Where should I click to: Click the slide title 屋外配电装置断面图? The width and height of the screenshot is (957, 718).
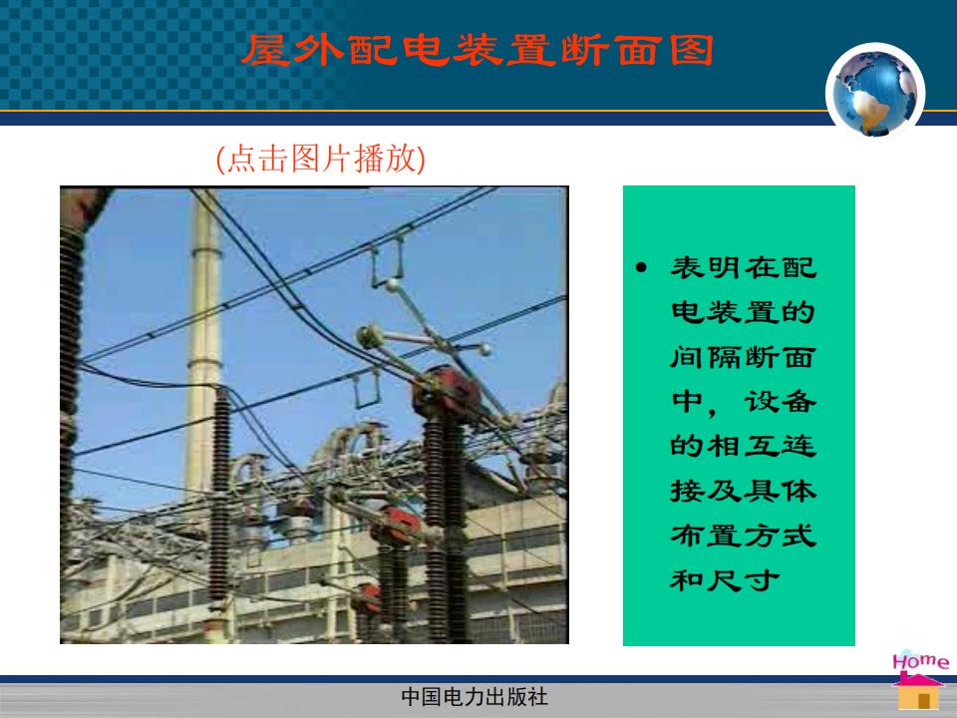tap(478, 50)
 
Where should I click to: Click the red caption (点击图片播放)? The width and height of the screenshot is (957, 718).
tap(320, 160)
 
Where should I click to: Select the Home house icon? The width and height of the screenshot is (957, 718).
tap(917, 690)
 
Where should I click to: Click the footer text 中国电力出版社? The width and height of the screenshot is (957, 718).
tap(475, 697)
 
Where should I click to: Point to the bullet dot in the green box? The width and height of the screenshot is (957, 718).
tap(641, 267)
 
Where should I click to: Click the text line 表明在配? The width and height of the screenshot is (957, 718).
tap(744, 267)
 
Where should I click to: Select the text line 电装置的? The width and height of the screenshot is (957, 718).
tap(744, 312)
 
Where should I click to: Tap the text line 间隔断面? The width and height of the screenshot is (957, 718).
tap(744, 357)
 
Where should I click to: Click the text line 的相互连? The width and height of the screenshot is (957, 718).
tap(744, 447)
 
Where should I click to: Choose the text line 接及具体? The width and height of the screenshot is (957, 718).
tap(744, 491)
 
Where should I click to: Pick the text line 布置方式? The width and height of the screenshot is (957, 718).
tap(744, 536)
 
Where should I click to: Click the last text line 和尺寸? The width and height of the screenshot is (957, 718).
tap(725, 580)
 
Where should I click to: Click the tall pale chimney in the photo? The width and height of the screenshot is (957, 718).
tap(204, 342)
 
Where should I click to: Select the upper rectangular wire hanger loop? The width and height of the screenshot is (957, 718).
tap(387, 262)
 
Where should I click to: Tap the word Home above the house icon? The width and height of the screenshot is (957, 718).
tap(921, 661)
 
